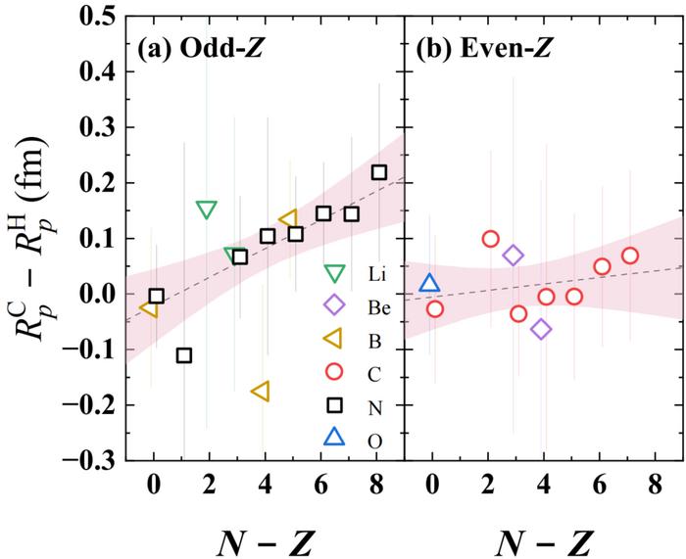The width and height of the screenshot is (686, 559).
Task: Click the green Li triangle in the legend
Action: click(335, 271)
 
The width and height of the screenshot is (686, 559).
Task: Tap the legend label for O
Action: click(374, 442)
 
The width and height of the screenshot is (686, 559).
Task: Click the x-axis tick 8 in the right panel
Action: click(657, 483)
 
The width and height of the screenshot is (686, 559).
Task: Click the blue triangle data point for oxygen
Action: click(430, 284)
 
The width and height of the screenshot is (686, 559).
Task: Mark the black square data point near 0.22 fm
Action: click(379, 172)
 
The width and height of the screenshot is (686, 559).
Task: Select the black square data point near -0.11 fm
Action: click(183, 354)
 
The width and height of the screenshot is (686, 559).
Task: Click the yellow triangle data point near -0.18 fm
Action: click(261, 392)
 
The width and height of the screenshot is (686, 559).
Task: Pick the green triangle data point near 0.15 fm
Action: click(207, 209)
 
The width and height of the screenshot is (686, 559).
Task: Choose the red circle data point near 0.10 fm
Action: click(490, 239)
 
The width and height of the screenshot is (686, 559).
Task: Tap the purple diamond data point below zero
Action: click(541, 329)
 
